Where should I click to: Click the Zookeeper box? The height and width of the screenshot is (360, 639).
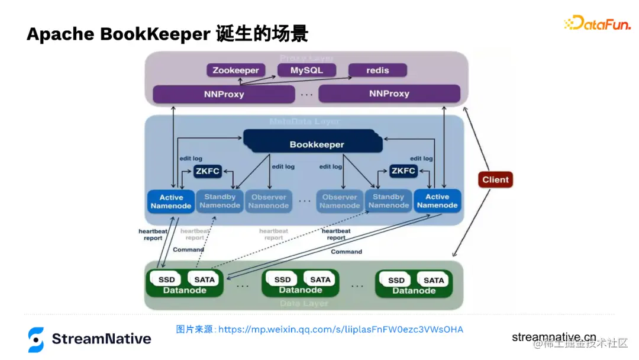235,70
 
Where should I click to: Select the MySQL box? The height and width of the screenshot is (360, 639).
306,70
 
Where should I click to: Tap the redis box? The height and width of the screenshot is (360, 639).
377,70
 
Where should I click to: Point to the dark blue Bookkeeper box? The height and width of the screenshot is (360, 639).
317,144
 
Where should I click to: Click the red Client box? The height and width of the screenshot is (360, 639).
495,180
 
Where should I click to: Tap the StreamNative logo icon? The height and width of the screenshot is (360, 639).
36,339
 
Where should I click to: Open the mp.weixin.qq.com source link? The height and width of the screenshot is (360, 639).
340,329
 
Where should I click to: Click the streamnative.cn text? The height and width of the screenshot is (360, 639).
554,337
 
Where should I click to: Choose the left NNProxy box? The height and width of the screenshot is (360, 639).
224,94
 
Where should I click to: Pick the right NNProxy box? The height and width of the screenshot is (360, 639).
389,94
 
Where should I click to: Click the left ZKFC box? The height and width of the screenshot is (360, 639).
207,171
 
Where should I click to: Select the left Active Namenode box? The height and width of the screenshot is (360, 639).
171,201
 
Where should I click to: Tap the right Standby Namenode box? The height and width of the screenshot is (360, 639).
388,201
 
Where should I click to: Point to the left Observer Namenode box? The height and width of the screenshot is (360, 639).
269,201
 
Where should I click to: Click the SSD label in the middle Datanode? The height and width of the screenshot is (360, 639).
282,279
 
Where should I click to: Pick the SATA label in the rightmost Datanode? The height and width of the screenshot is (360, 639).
434,280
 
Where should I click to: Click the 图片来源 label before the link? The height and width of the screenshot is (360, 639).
196,329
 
